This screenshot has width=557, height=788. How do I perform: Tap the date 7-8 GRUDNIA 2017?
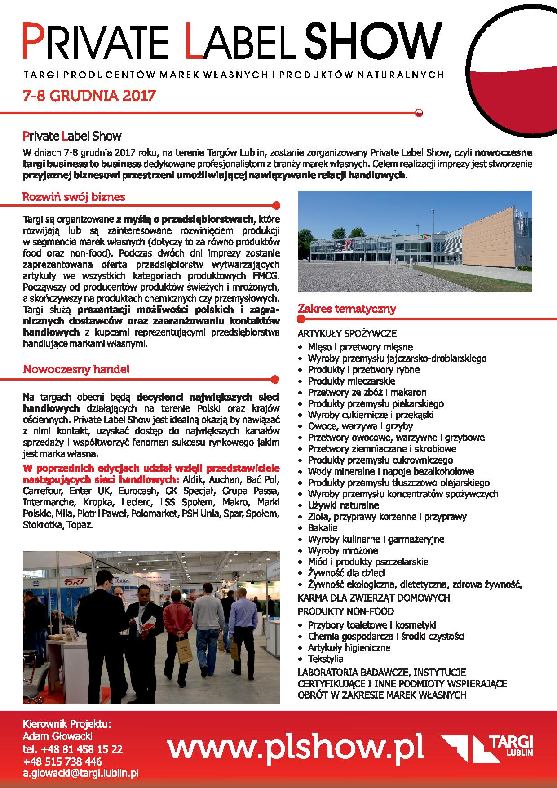pos(89,95)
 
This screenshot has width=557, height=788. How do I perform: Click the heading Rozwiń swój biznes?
pos(74,197)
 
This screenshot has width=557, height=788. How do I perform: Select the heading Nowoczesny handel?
pos(76,369)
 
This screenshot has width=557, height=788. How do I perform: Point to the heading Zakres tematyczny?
pos(346,309)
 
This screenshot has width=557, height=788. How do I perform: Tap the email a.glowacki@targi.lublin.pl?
pos(80,773)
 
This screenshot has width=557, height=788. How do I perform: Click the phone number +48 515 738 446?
pos(62,761)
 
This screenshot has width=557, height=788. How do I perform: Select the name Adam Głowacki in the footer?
pos(57,736)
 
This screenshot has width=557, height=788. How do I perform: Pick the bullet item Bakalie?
pos(323,528)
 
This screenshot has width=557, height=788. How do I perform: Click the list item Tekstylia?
pos(325,659)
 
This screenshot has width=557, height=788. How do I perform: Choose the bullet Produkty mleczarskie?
pos(351,381)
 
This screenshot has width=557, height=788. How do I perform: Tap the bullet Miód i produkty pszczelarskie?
pos(368,562)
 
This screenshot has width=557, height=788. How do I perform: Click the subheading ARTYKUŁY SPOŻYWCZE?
pos(347,333)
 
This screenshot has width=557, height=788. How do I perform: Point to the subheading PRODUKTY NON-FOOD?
pos(345,611)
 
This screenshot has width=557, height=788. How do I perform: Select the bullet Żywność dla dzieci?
pos(346,573)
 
